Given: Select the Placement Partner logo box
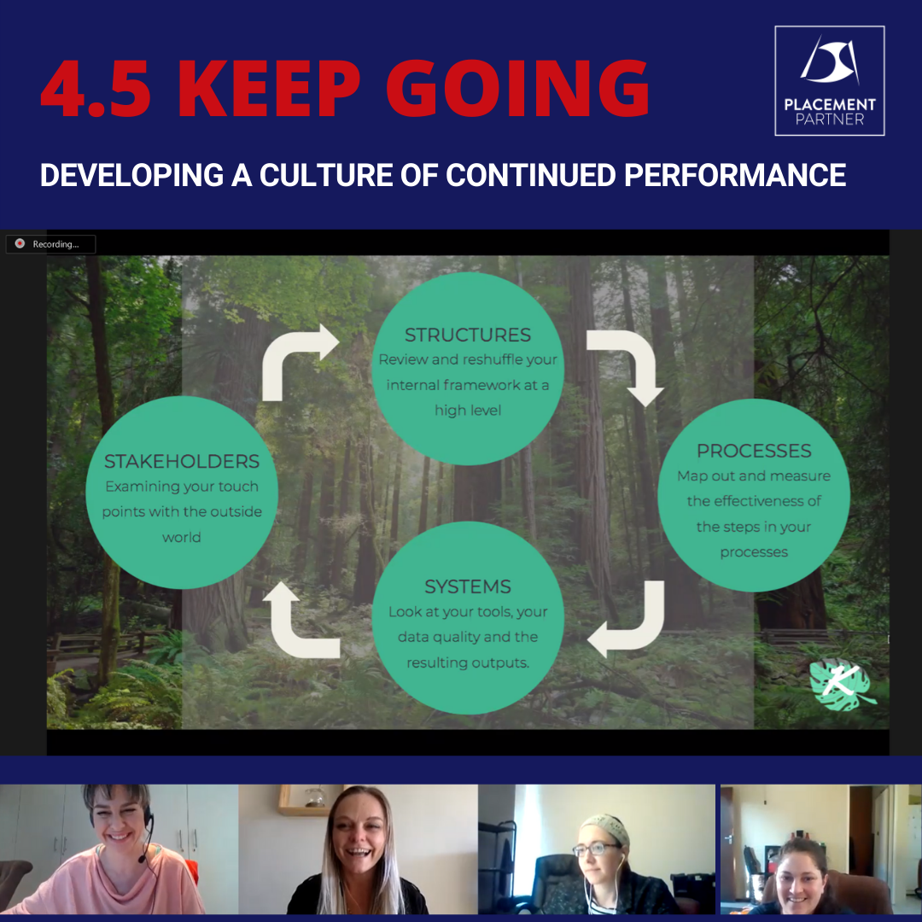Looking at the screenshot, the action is (829, 80).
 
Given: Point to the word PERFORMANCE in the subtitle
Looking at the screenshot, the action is (735, 175).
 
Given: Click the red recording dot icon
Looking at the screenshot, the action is (20, 243).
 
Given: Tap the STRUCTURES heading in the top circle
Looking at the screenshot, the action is (468, 336).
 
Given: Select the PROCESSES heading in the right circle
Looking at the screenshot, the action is (754, 451).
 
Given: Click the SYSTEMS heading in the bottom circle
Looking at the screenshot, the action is (468, 586).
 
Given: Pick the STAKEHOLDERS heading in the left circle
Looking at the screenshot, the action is (182, 462).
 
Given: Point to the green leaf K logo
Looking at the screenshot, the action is (842, 685).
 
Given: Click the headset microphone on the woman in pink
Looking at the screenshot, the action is (143, 860).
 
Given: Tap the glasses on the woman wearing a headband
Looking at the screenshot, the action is (596, 849).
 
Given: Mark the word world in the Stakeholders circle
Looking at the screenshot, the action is (182, 538).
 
